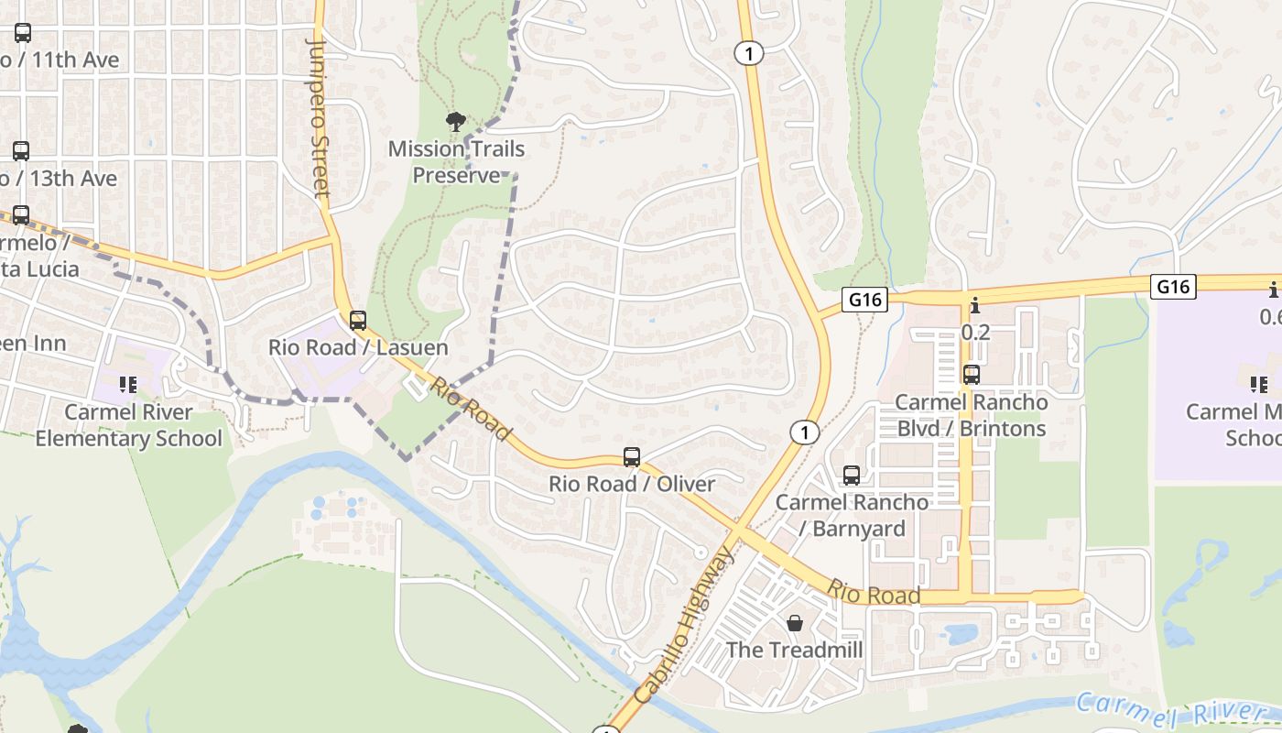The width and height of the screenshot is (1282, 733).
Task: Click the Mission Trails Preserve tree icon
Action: (x=455, y=122)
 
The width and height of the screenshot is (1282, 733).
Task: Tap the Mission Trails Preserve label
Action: (x=456, y=161)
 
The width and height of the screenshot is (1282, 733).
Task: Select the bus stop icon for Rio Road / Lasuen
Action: (x=358, y=321)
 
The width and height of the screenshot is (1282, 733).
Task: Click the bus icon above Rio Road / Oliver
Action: (x=631, y=456)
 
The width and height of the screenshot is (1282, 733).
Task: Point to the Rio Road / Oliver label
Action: (x=632, y=483)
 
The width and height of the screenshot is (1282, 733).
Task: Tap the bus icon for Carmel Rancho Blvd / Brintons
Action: (x=971, y=375)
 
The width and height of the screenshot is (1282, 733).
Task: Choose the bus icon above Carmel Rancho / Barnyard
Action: (x=852, y=475)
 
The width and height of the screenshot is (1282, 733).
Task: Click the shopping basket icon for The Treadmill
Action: (x=794, y=623)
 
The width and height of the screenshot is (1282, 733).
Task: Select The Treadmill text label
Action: (x=794, y=650)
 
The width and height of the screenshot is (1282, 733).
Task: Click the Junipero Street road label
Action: (x=319, y=117)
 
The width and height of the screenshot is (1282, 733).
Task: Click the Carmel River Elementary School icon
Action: (x=128, y=385)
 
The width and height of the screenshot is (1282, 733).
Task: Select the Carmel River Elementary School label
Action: (x=128, y=425)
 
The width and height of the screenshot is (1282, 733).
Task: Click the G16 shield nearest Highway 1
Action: (x=865, y=300)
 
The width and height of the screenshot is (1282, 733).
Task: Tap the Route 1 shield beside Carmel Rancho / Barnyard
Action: (x=804, y=432)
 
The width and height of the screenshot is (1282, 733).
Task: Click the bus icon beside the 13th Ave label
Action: (x=20, y=151)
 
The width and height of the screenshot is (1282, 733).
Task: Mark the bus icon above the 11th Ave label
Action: (x=22, y=33)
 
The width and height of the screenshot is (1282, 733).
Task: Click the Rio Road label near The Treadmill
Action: (x=874, y=593)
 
